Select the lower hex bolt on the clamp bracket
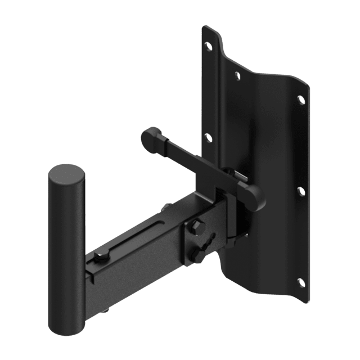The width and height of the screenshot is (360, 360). [199, 255]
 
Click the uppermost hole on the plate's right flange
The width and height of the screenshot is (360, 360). [300, 100]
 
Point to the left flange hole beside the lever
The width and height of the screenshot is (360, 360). [208, 136]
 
